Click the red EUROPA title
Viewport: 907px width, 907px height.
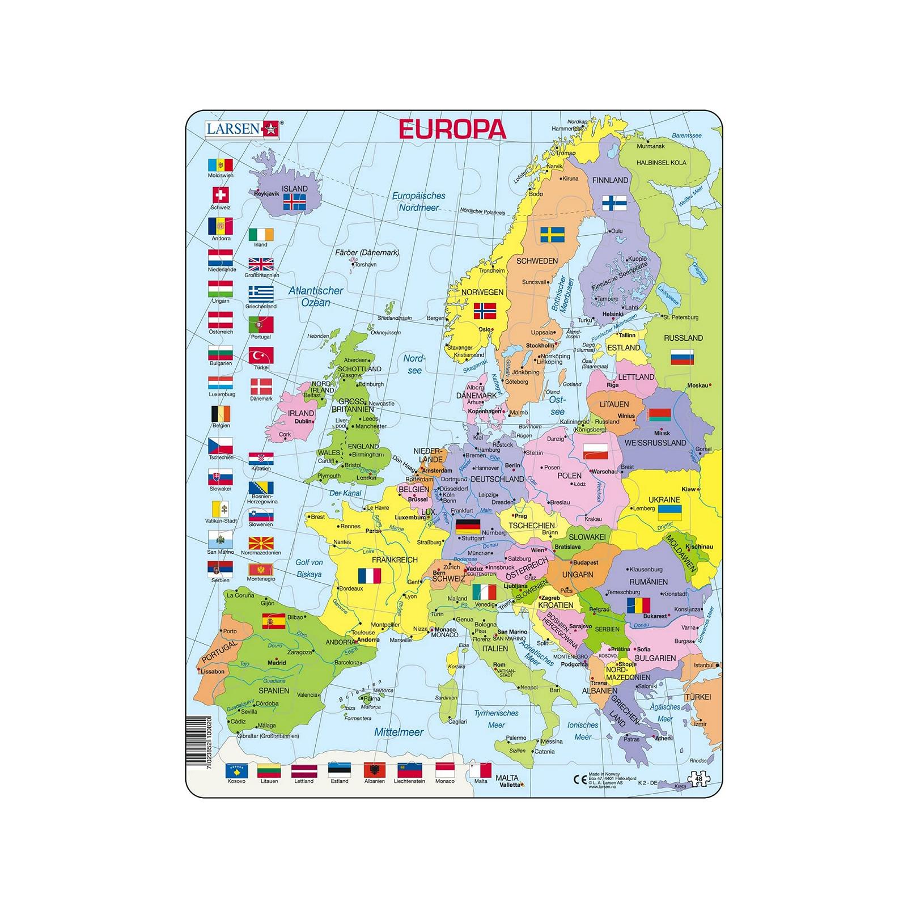[452, 129]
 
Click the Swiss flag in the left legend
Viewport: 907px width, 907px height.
[221, 196]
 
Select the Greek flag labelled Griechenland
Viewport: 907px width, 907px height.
[261, 294]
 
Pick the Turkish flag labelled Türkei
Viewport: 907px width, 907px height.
[261, 355]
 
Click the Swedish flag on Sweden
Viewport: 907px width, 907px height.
[550, 235]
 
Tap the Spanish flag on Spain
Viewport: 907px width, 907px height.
[273, 621]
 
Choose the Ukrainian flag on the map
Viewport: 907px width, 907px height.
[669, 513]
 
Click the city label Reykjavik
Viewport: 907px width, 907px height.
[267, 193]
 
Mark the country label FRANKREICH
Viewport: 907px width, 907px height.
[395, 560]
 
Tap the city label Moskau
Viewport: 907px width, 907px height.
[698, 385]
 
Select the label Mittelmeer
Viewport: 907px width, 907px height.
[399, 732]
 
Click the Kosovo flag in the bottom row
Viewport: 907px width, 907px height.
[236, 771]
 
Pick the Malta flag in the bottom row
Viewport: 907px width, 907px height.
[480, 771]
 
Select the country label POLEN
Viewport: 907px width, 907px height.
[569, 476]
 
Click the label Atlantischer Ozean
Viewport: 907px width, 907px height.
[316, 296]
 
